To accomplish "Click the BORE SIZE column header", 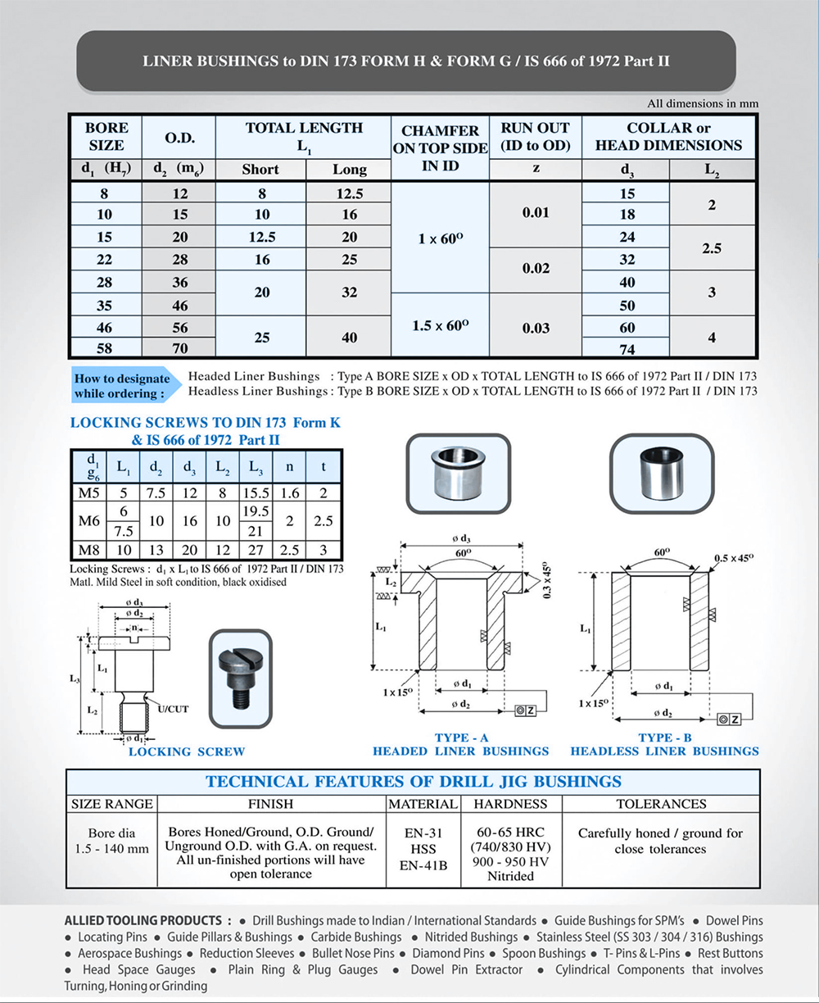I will pyautogui.click(x=106, y=136).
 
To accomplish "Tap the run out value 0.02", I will pyautogui.click(x=535, y=268).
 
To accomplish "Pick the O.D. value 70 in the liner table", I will pyautogui.click(x=179, y=348).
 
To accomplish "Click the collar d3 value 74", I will pyautogui.click(x=627, y=348).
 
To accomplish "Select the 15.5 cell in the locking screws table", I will pyautogui.click(x=256, y=492).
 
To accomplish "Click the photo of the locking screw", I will pyautogui.click(x=240, y=678).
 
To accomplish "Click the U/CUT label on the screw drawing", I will pyautogui.click(x=173, y=708).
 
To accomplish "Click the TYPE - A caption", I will pyautogui.click(x=462, y=737).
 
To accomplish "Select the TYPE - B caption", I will pyautogui.click(x=665, y=737).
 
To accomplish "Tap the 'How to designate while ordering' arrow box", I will pyautogui.click(x=122, y=385).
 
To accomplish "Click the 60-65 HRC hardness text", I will pyautogui.click(x=511, y=832).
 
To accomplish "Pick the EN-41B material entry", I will pyautogui.click(x=424, y=863).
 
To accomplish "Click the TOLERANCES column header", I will pyautogui.click(x=660, y=804).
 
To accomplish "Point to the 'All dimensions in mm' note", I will pyautogui.click(x=703, y=104).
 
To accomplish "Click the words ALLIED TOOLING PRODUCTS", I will pyautogui.click(x=142, y=920).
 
